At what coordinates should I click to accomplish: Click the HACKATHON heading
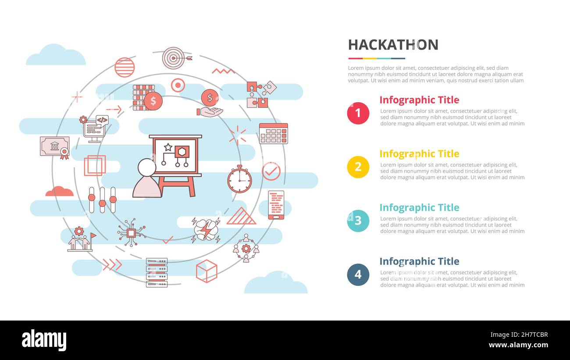pyautogui.click(x=393, y=45)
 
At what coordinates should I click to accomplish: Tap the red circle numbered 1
pyautogui.click(x=358, y=113)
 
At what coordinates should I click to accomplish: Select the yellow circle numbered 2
pyautogui.click(x=358, y=167)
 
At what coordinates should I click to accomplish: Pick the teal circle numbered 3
pyautogui.click(x=358, y=221)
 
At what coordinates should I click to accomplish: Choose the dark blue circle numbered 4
pyautogui.click(x=358, y=274)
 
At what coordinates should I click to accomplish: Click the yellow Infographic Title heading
pyautogui.click(x=419, y=154)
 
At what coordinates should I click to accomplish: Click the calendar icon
pyautogui.click(x=273, y=133)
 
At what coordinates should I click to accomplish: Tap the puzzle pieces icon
pyautogui.click(x=261, y=94)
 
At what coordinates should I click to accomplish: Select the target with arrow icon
pyautogui.click(x=175, y=58)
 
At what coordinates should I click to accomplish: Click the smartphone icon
pyautogui.click(x=276, y=205)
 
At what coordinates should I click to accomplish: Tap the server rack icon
pyautogui.click(x=157, y=272)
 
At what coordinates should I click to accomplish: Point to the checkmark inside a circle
pyautogui.click(x=271, y=171)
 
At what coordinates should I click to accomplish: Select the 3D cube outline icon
pyautogui.click(x=207, y=271)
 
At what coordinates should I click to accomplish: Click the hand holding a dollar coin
pyautogui.click(x=210, y=103)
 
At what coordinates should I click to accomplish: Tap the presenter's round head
pyautogui.click(x=146, y=167)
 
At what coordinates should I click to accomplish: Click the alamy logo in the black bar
pyautogui.click(x=44, y=340)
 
